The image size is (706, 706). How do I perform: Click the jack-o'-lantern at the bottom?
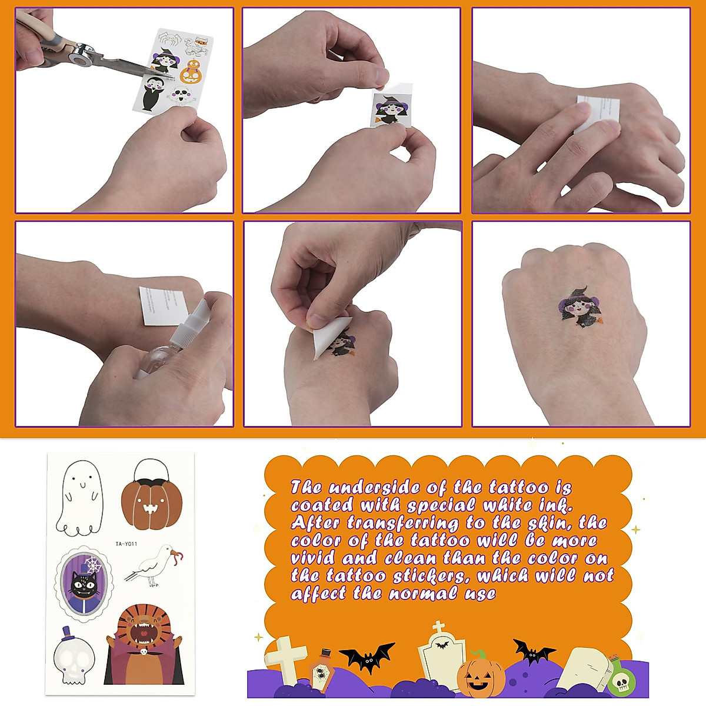tap(481, 675)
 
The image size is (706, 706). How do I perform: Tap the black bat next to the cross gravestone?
tap(366, 655)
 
